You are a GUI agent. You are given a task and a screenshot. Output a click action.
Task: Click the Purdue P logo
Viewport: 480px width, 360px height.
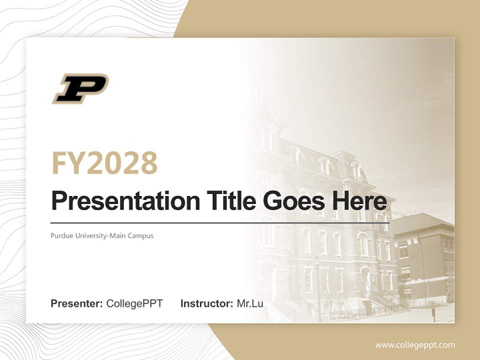[80, 88]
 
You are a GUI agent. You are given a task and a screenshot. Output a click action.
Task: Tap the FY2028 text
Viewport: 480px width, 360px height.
[104, 163]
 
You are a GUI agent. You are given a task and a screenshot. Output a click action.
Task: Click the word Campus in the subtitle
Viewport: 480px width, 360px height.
[141, 235]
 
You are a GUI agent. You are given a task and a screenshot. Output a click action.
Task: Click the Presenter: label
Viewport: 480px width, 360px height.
[77, 303]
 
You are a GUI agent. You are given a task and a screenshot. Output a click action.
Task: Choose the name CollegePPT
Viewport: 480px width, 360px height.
[134, 303]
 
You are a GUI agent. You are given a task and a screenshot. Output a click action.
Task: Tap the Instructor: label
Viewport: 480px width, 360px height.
[207, 303]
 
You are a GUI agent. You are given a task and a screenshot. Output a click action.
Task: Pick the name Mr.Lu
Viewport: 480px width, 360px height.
[250, 303]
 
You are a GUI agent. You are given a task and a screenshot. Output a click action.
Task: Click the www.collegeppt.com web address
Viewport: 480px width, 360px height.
[415, 344]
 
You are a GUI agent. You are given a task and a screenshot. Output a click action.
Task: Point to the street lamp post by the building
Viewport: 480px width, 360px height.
[317, 285]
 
